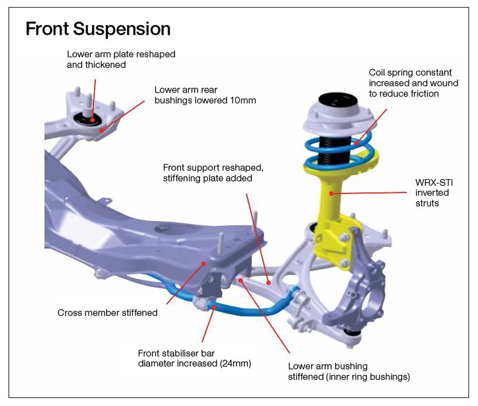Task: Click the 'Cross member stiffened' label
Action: click(x=108, y=312)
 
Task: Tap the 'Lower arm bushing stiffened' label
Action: click(x=349, y=371)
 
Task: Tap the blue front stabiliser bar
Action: click(x=251, y=310)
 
